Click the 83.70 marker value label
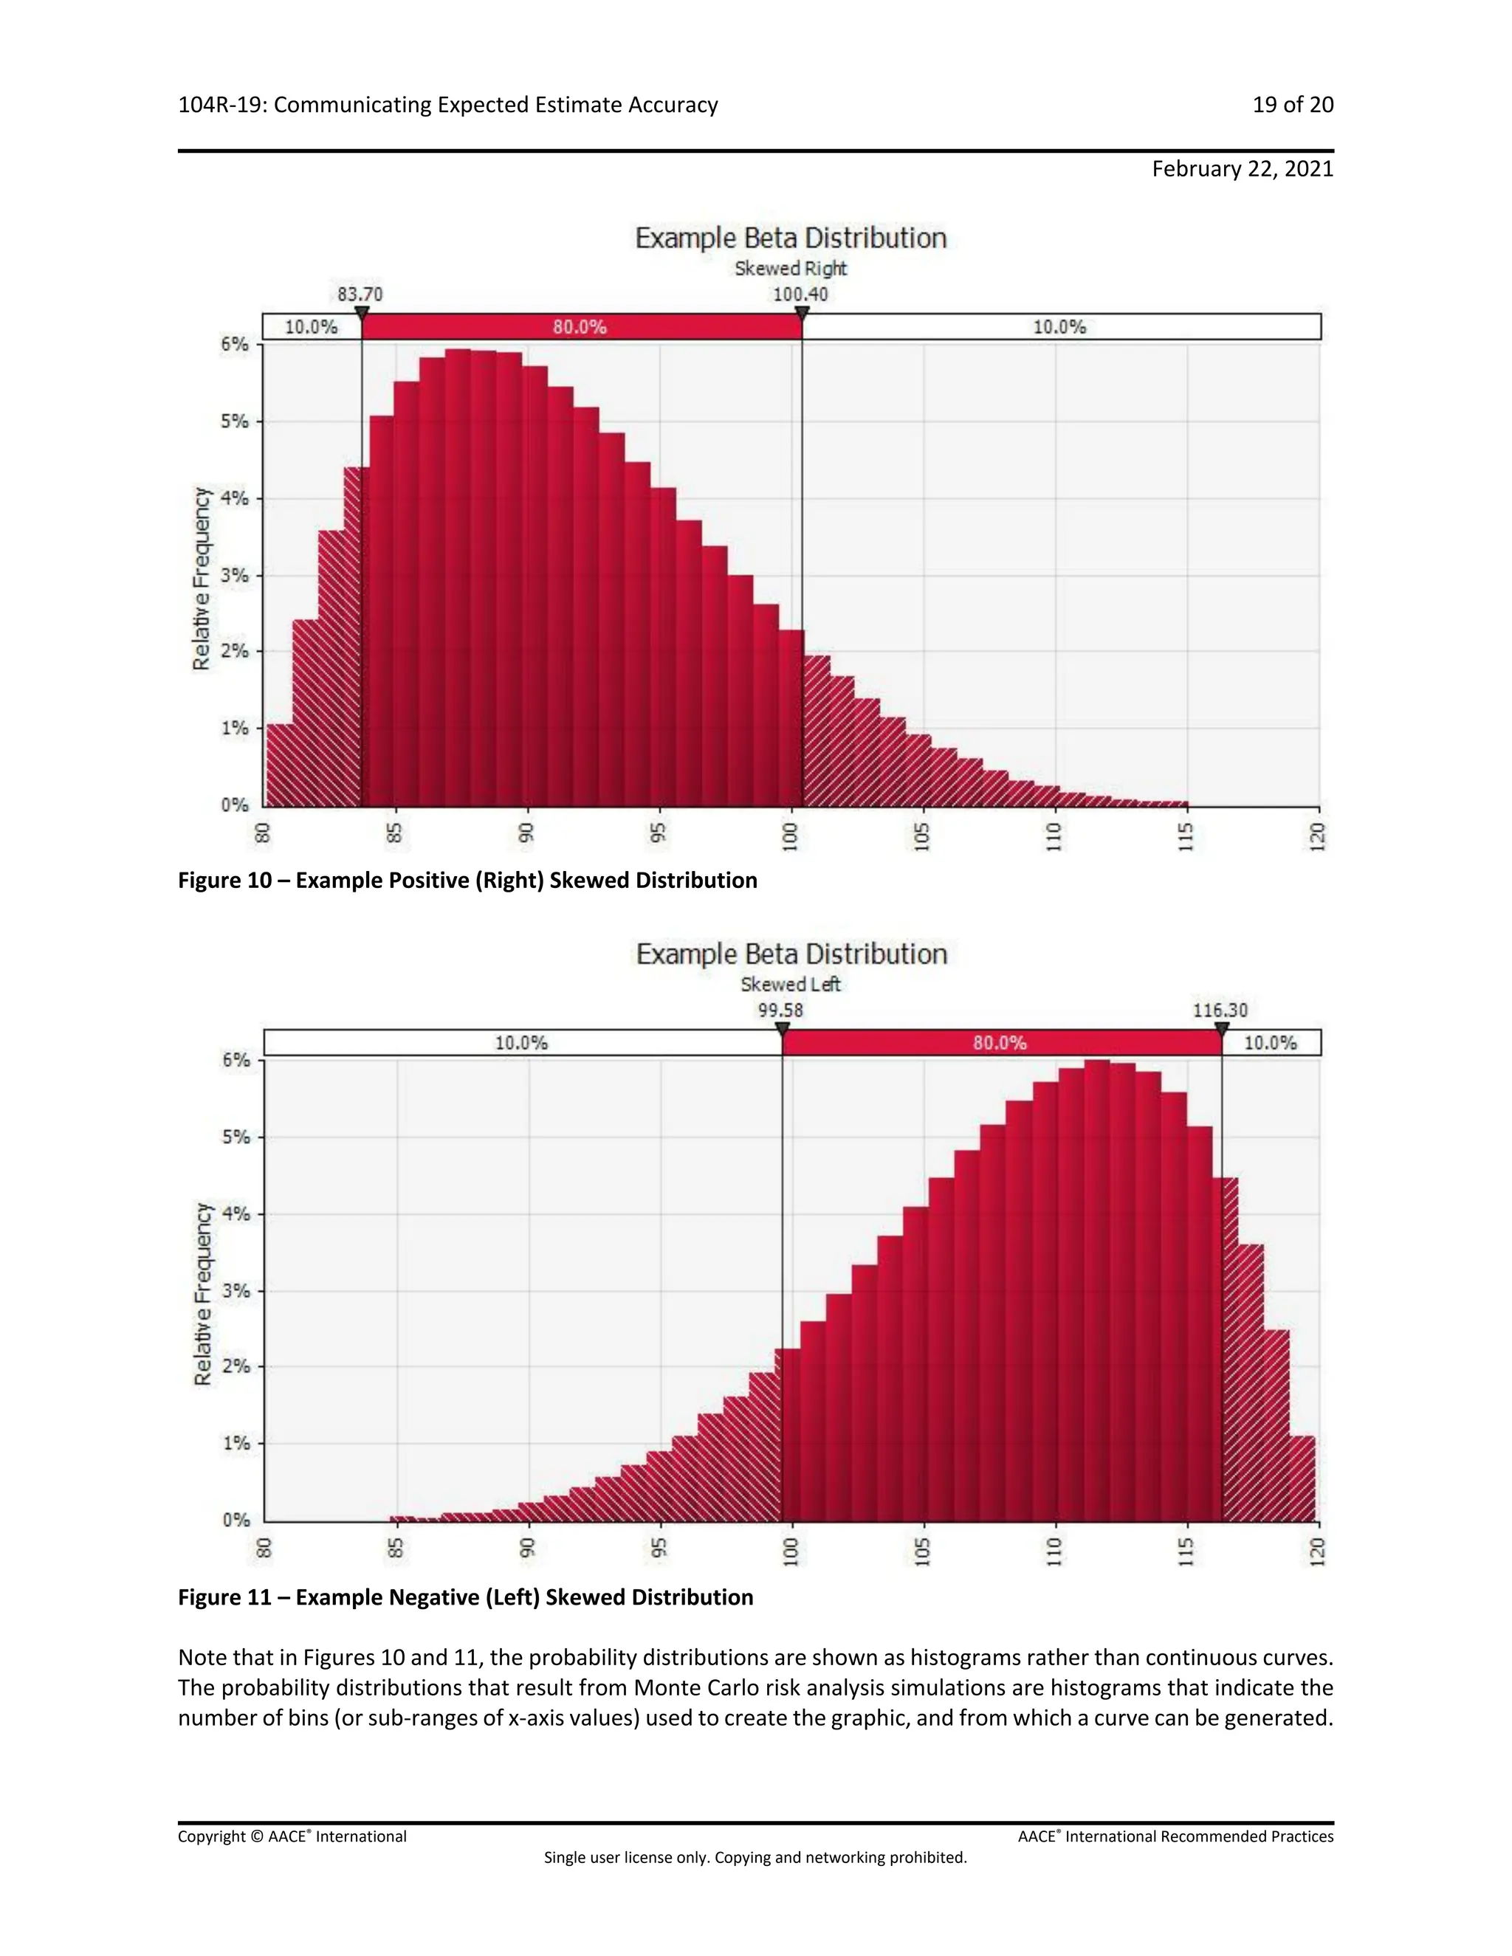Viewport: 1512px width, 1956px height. (360, 295)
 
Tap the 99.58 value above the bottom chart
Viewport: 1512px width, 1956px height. (780, 1010)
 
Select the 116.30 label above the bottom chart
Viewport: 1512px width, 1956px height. (1220, 1010)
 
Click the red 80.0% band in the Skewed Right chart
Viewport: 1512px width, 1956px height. (580, 327)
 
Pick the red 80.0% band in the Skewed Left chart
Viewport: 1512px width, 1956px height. (1000, 1042)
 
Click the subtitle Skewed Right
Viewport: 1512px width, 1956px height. (790, 269)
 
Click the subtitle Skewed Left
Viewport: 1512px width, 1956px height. (790, 984)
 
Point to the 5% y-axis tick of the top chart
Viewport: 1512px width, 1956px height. (235, 421)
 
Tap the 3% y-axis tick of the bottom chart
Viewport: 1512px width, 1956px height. (236, 1290)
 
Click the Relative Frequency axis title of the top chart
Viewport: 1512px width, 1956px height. (202, 579)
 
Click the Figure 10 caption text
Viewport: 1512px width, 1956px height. (467, 881)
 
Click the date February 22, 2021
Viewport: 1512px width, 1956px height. (1242, 169)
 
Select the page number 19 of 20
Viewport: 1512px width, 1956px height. (1292, 105)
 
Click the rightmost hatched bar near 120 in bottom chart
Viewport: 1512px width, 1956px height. (1302, 1478)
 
